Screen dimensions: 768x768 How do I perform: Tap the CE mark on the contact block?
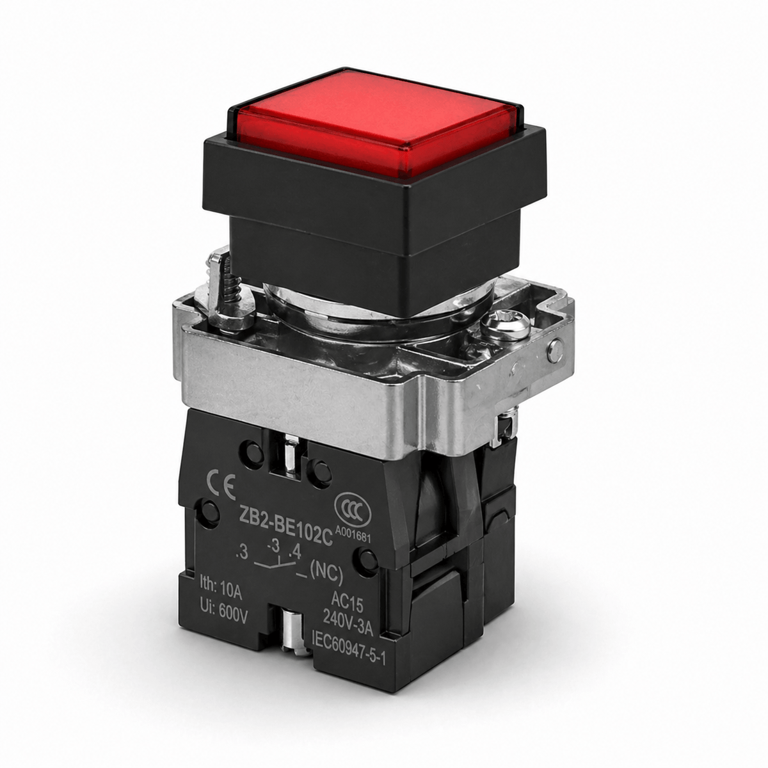[x=222, y=486]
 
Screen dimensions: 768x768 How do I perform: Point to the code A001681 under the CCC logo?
[x=353, y=534]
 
